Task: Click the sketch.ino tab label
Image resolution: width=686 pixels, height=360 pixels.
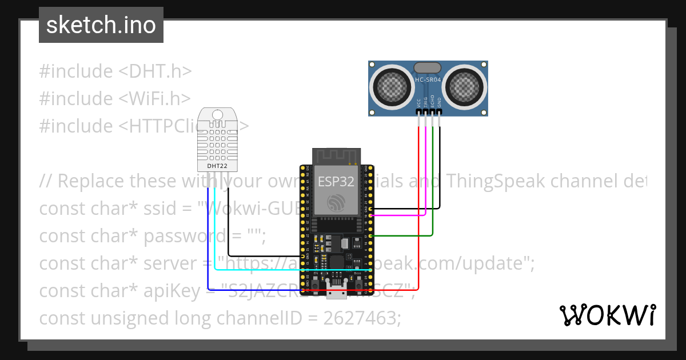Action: point(101,25)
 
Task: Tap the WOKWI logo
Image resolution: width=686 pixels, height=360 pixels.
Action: point(607,315)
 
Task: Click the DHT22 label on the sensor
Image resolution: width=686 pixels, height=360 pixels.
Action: point(217,166)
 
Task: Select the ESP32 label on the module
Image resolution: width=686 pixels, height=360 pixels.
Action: point(336,182)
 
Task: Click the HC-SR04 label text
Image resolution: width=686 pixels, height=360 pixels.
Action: point(428,81)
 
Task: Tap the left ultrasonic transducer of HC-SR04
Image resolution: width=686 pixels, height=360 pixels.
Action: point(393,87)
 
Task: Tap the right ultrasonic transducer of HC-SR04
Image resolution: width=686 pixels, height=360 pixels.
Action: point(464,87)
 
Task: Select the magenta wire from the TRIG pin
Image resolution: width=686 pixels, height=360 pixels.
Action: point(426,171)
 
